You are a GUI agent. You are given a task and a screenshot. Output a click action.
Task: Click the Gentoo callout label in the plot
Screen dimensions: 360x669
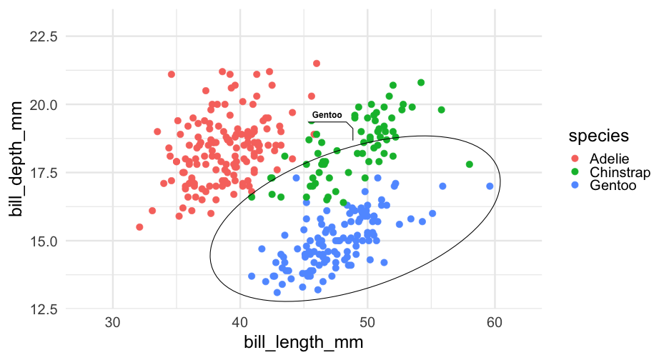[x=327, y=115]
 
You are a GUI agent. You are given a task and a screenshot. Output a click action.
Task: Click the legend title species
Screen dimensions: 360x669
[x=598, y=135]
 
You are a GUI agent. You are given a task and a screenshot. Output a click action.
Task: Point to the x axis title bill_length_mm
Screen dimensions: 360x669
[x=304, y=342]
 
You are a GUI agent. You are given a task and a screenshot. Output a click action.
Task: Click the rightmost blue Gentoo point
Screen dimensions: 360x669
[x=490, y=186]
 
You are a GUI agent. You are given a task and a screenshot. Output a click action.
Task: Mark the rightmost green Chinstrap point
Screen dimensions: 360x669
[x=470, y=164]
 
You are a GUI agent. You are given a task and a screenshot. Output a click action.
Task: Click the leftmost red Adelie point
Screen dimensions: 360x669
[x=139, y=227]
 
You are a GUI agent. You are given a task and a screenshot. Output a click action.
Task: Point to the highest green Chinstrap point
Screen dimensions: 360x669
[x=421, y=83]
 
